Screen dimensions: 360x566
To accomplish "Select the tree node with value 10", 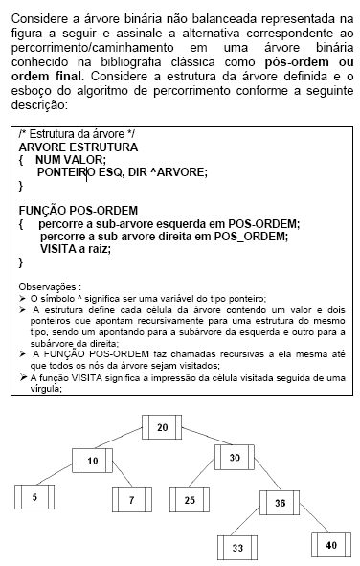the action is [93, 462].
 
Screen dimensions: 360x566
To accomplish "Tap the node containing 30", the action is [235, 458].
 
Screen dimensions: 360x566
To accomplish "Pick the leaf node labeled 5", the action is [34, 497].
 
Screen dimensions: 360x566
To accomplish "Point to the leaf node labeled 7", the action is [132, 500].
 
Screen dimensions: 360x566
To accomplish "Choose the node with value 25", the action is [190, 500].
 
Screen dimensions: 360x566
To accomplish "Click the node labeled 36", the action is [279, 503].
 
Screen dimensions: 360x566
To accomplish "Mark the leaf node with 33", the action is [237, 547].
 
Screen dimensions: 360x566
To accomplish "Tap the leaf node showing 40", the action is [330, 544].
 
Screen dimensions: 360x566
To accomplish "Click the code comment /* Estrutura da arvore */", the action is [77, 134].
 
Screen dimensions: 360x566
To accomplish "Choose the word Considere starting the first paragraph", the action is [36, 18].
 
